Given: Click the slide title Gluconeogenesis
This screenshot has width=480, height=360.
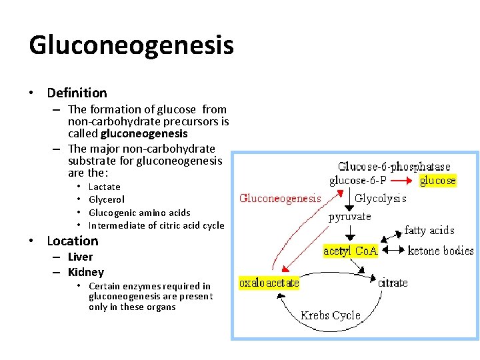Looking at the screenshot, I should click(131, 45).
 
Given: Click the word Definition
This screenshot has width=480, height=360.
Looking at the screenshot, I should click(77, 93).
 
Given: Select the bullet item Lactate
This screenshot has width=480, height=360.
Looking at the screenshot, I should click(105, 187).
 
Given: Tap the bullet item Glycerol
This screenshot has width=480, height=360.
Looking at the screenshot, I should click(107, 199).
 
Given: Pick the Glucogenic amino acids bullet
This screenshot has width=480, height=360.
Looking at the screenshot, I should click(139, 213).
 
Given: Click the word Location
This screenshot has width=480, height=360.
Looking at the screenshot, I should click(72, 241).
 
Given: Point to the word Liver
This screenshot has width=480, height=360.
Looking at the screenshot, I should click(81, 257).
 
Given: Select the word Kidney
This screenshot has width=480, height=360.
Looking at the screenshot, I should click(86, 272).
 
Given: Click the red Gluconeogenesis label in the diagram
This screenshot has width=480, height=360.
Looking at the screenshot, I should click(280, 198).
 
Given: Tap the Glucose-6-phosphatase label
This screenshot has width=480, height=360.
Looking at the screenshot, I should click(394, 167).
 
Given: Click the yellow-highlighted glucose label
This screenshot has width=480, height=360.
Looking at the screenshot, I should click(438, 180).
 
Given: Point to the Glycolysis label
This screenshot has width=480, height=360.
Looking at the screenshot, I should click(381, 198).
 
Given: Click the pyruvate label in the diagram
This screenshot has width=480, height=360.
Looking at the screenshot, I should click(350, 217).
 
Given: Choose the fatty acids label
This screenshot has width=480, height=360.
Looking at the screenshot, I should click(429, 231).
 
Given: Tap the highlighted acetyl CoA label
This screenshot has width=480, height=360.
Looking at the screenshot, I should click(350, 251).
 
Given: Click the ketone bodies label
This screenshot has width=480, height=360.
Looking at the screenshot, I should click(441, 251).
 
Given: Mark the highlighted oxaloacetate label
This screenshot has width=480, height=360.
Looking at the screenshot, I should click(269, 283).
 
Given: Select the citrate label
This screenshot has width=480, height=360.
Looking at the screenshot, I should click(393, 283).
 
